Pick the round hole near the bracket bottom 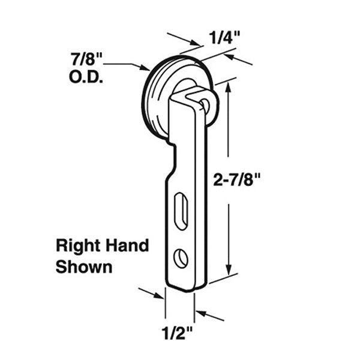181,258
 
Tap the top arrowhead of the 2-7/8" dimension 228,86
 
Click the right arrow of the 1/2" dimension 199,312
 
